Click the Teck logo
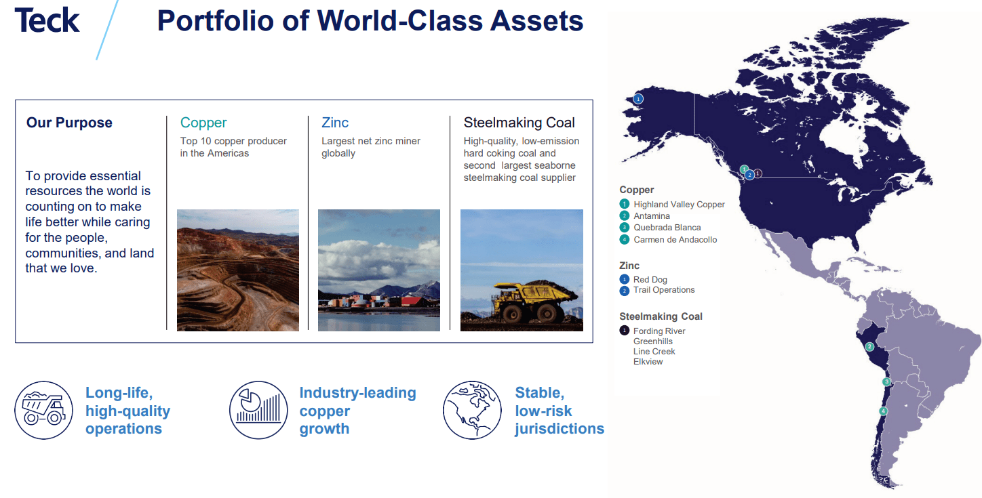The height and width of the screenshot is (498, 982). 47,20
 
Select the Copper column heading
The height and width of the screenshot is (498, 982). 203,123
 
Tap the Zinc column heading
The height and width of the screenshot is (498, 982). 335,123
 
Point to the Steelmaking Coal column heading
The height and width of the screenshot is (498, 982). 519,123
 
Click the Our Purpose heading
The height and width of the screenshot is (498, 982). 69,123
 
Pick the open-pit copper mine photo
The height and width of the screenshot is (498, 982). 237,270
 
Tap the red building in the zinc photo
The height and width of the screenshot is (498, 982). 411,300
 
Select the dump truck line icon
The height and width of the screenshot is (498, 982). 43,410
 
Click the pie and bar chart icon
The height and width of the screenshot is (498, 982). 259,410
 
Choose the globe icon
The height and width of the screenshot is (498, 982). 473,410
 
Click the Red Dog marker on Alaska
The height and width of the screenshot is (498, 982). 638,99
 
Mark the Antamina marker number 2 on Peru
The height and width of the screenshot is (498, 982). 869,346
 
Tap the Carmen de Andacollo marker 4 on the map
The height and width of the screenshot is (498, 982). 883,411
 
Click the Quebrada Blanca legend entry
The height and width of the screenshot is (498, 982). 667,228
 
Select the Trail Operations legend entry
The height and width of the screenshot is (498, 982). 663,290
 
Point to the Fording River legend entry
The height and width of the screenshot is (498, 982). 659,331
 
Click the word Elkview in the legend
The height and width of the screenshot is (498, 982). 648,362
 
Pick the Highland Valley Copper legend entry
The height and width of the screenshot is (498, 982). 679,205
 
